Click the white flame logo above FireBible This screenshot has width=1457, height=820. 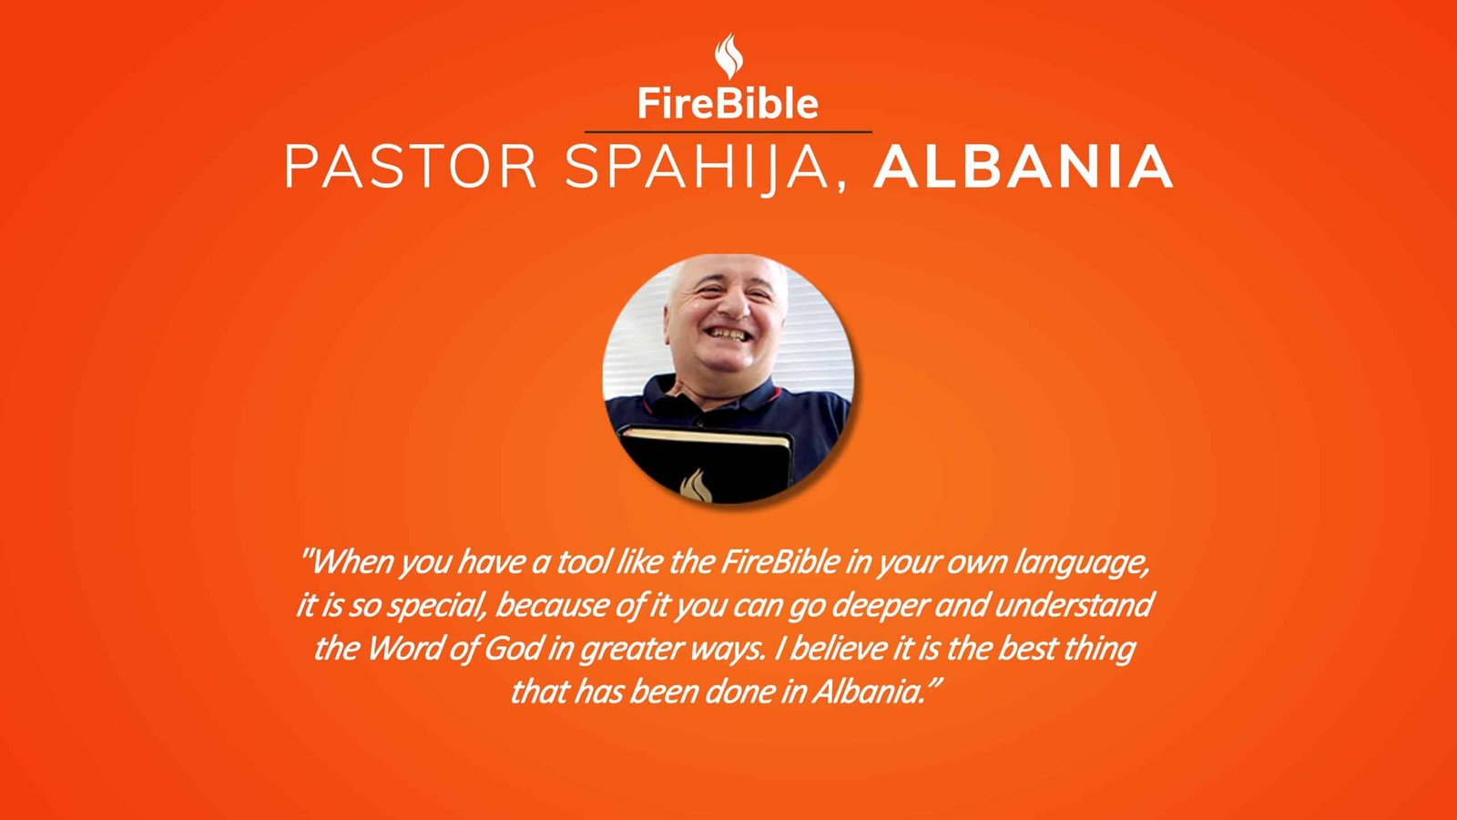coord(728,56)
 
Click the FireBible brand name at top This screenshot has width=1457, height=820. coord(728,104)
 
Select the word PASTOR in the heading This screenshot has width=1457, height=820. coord(411,167)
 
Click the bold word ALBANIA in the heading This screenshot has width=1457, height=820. coord(1024,167)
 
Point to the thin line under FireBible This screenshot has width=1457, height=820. coord(728,131)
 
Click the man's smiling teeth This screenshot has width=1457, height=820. coord(728,333)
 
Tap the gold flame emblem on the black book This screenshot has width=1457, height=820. coord(696,487)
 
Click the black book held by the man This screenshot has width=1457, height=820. coord(707,465)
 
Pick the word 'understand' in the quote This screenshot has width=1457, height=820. coord(1074,605)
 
